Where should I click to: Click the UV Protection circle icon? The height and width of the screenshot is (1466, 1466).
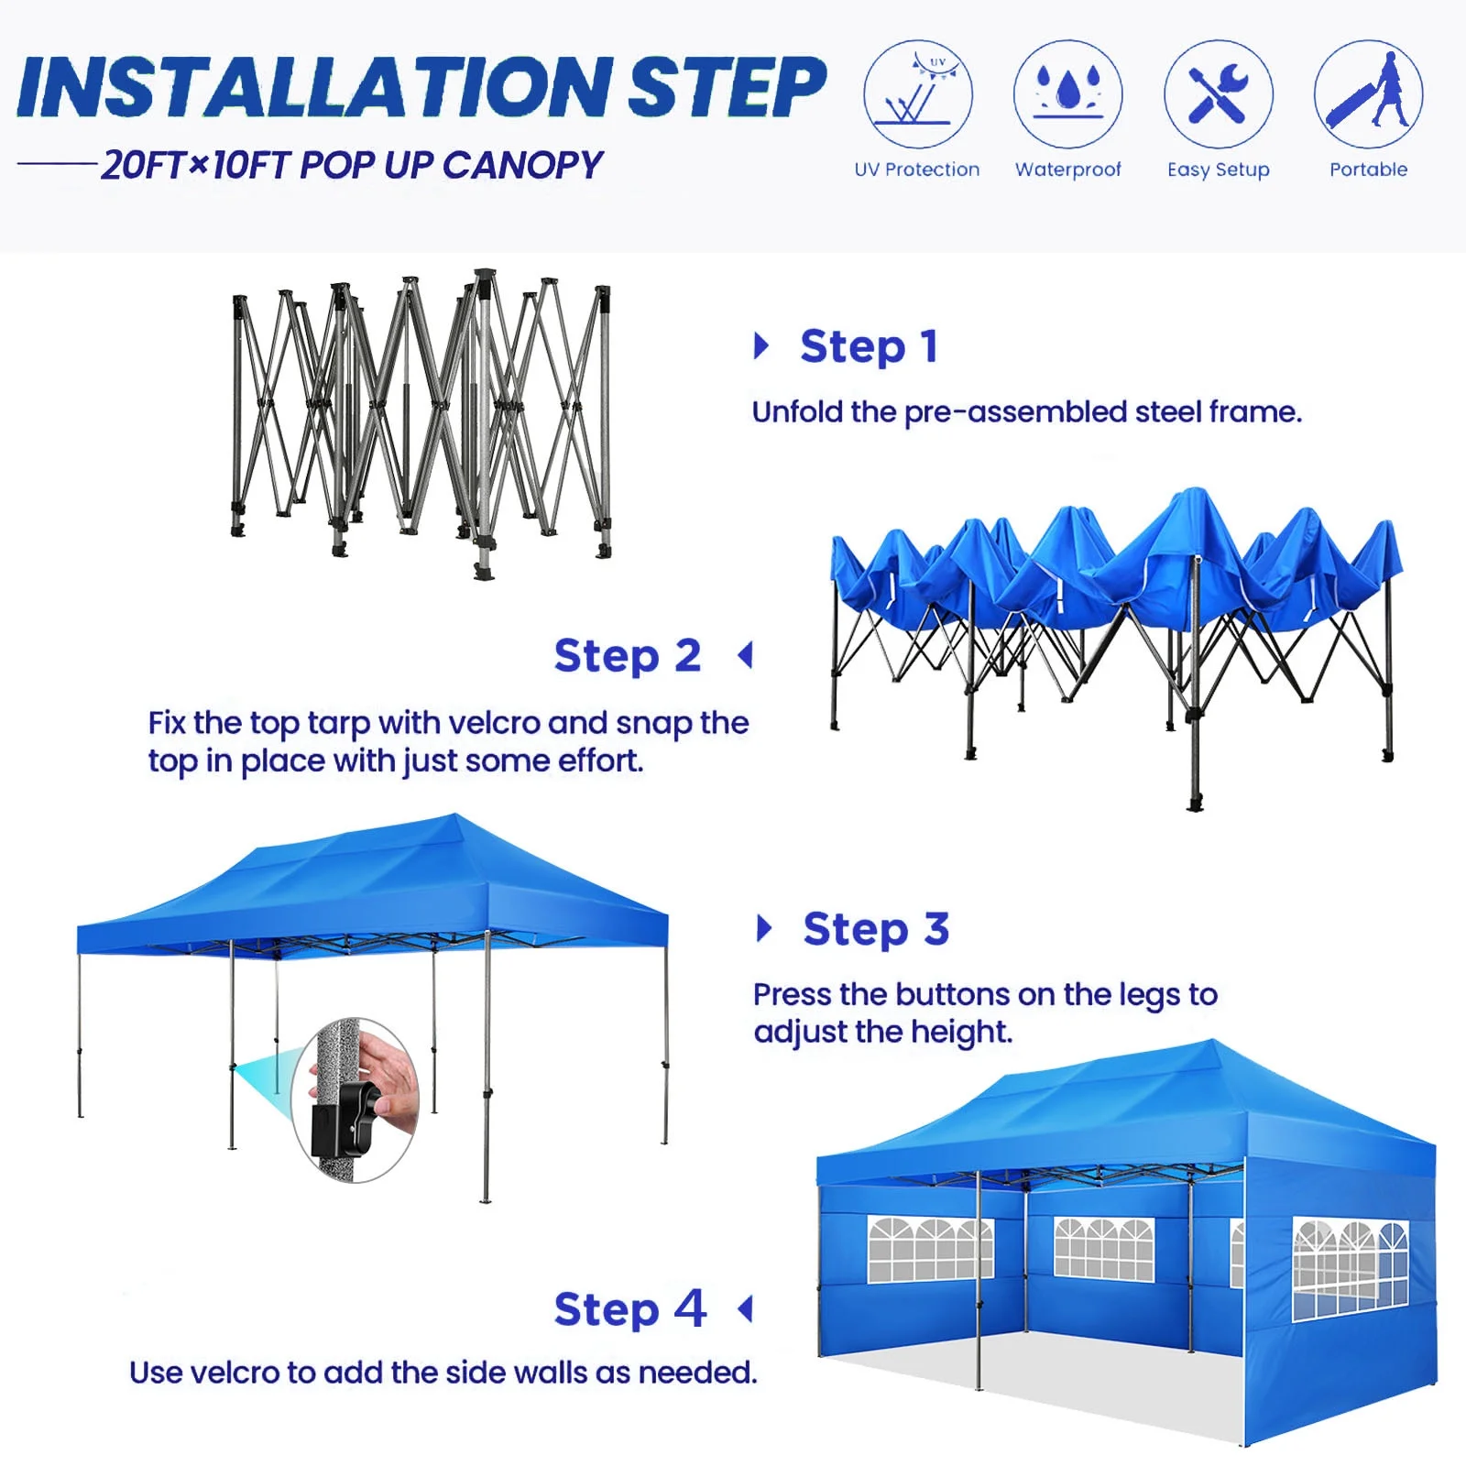click(x=917, y=94)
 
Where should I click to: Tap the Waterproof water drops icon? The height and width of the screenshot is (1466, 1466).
click(x=1067, y=94)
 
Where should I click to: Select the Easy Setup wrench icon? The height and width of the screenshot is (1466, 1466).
click(x=1218, y=94)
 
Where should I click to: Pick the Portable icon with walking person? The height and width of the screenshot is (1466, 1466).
click(x=1368, y=94)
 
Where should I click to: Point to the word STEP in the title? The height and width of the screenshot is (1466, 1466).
click(x=727, y=89)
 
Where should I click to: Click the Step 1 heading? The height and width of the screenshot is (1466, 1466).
click(x=869, y=347)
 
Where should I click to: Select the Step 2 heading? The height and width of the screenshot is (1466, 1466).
click(x=628, y=656)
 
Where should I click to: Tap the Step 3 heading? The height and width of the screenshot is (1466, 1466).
click(x=876, y=930)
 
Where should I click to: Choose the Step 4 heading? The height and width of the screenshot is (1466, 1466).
click(x=630, y=1309)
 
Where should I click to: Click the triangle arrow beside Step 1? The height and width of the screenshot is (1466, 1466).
click(x=760, y=346)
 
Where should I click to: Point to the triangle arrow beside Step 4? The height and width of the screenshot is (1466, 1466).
click(x=746, y=1308)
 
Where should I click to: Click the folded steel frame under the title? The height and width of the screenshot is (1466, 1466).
click(x=421, y=421)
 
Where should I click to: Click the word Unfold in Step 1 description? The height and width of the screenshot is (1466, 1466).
click(x=797, y=412)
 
